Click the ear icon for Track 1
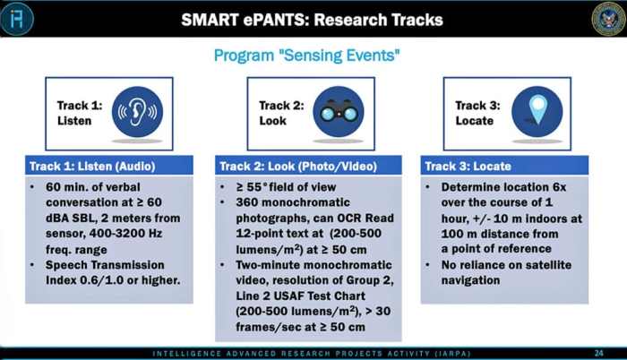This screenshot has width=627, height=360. tap(138, 112)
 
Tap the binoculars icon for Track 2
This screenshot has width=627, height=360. tap(339, 112)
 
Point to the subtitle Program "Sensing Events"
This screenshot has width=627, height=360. tap(306, 56)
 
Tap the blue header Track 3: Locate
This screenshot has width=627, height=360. tap(459, 166)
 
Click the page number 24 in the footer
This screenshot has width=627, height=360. tap(598, 352)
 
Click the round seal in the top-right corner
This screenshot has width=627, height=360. tap(607, 19)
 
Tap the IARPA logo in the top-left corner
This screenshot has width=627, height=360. tap(17, 19)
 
